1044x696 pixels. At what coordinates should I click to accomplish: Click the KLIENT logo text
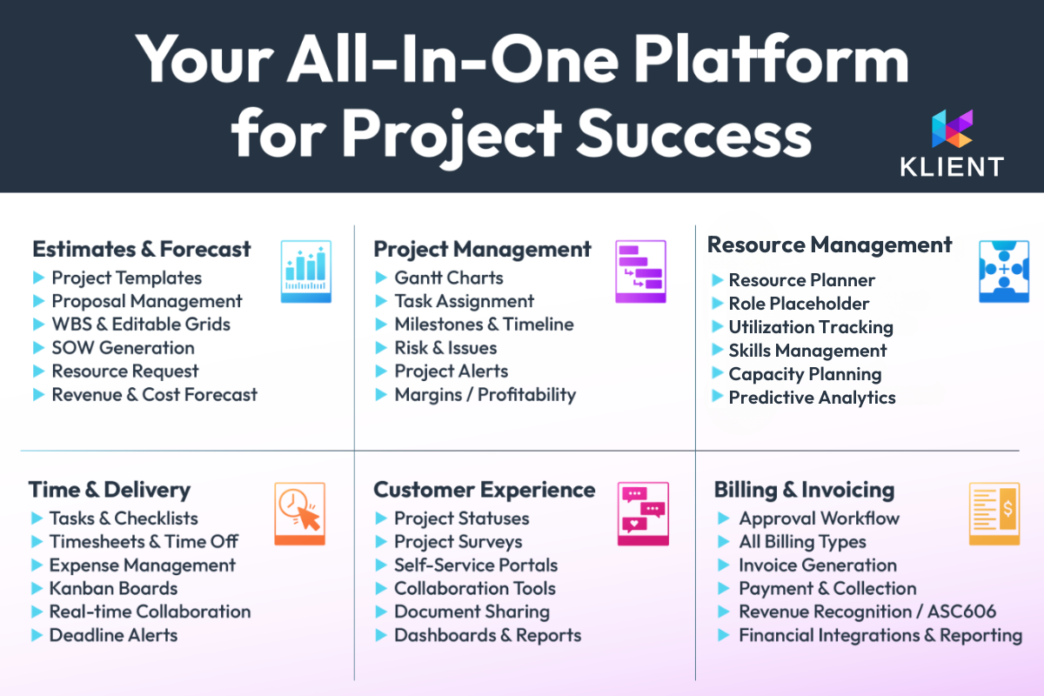pyautogui.click(x=952, y=167)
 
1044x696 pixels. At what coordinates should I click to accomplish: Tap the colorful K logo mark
pyautogui.click(x=952, y=129)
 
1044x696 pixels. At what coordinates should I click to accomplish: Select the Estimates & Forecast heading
pyautogui.click(x=142, y=249)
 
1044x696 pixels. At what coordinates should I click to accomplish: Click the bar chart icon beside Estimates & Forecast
pyautogui.click(x=305, y=271)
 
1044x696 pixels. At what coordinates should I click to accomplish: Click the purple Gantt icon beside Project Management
pyautogui.click(x=640, y=271)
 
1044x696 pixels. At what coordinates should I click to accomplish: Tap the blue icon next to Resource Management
pyautogui.click(x=1004, y=271)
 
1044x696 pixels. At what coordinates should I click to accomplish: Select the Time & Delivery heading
pyautogui.click(x=110, y=490)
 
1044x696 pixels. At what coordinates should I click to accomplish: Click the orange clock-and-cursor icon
pyautogui.click(x=299, y=513)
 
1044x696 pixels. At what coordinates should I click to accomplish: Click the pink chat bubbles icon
pyautogui.click(x=643, y=513)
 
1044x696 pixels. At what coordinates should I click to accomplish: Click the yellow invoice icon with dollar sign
pyautogui.click(x=994, y=513)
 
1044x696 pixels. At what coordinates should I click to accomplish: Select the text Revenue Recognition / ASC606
pyautogui.click(x=867, y=612)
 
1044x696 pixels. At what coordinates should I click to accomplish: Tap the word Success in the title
pyautogui.click(x=694, y=134)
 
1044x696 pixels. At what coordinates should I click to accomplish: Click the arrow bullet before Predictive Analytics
pyautogui.click(x=718, y=397)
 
